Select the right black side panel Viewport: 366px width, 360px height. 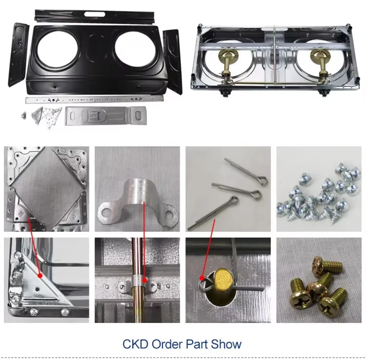172,60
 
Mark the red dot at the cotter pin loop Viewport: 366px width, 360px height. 203,279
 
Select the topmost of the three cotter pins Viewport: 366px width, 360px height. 245,171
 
